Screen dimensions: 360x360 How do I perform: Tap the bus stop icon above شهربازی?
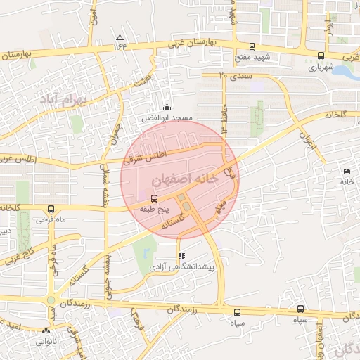click(321, 56)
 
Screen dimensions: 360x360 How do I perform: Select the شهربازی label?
click(321, 68)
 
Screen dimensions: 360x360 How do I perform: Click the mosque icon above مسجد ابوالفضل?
click(167, 107)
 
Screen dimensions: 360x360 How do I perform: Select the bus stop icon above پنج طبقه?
click(155, 198)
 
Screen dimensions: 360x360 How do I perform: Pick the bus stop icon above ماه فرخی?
click(51, 209)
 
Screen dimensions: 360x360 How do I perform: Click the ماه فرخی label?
click(51, 219)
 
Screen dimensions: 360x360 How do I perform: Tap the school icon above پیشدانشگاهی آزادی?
click(181, 257)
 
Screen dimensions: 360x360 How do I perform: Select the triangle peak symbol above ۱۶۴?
click(120, 37)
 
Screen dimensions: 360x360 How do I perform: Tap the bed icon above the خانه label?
click(345, 172)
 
